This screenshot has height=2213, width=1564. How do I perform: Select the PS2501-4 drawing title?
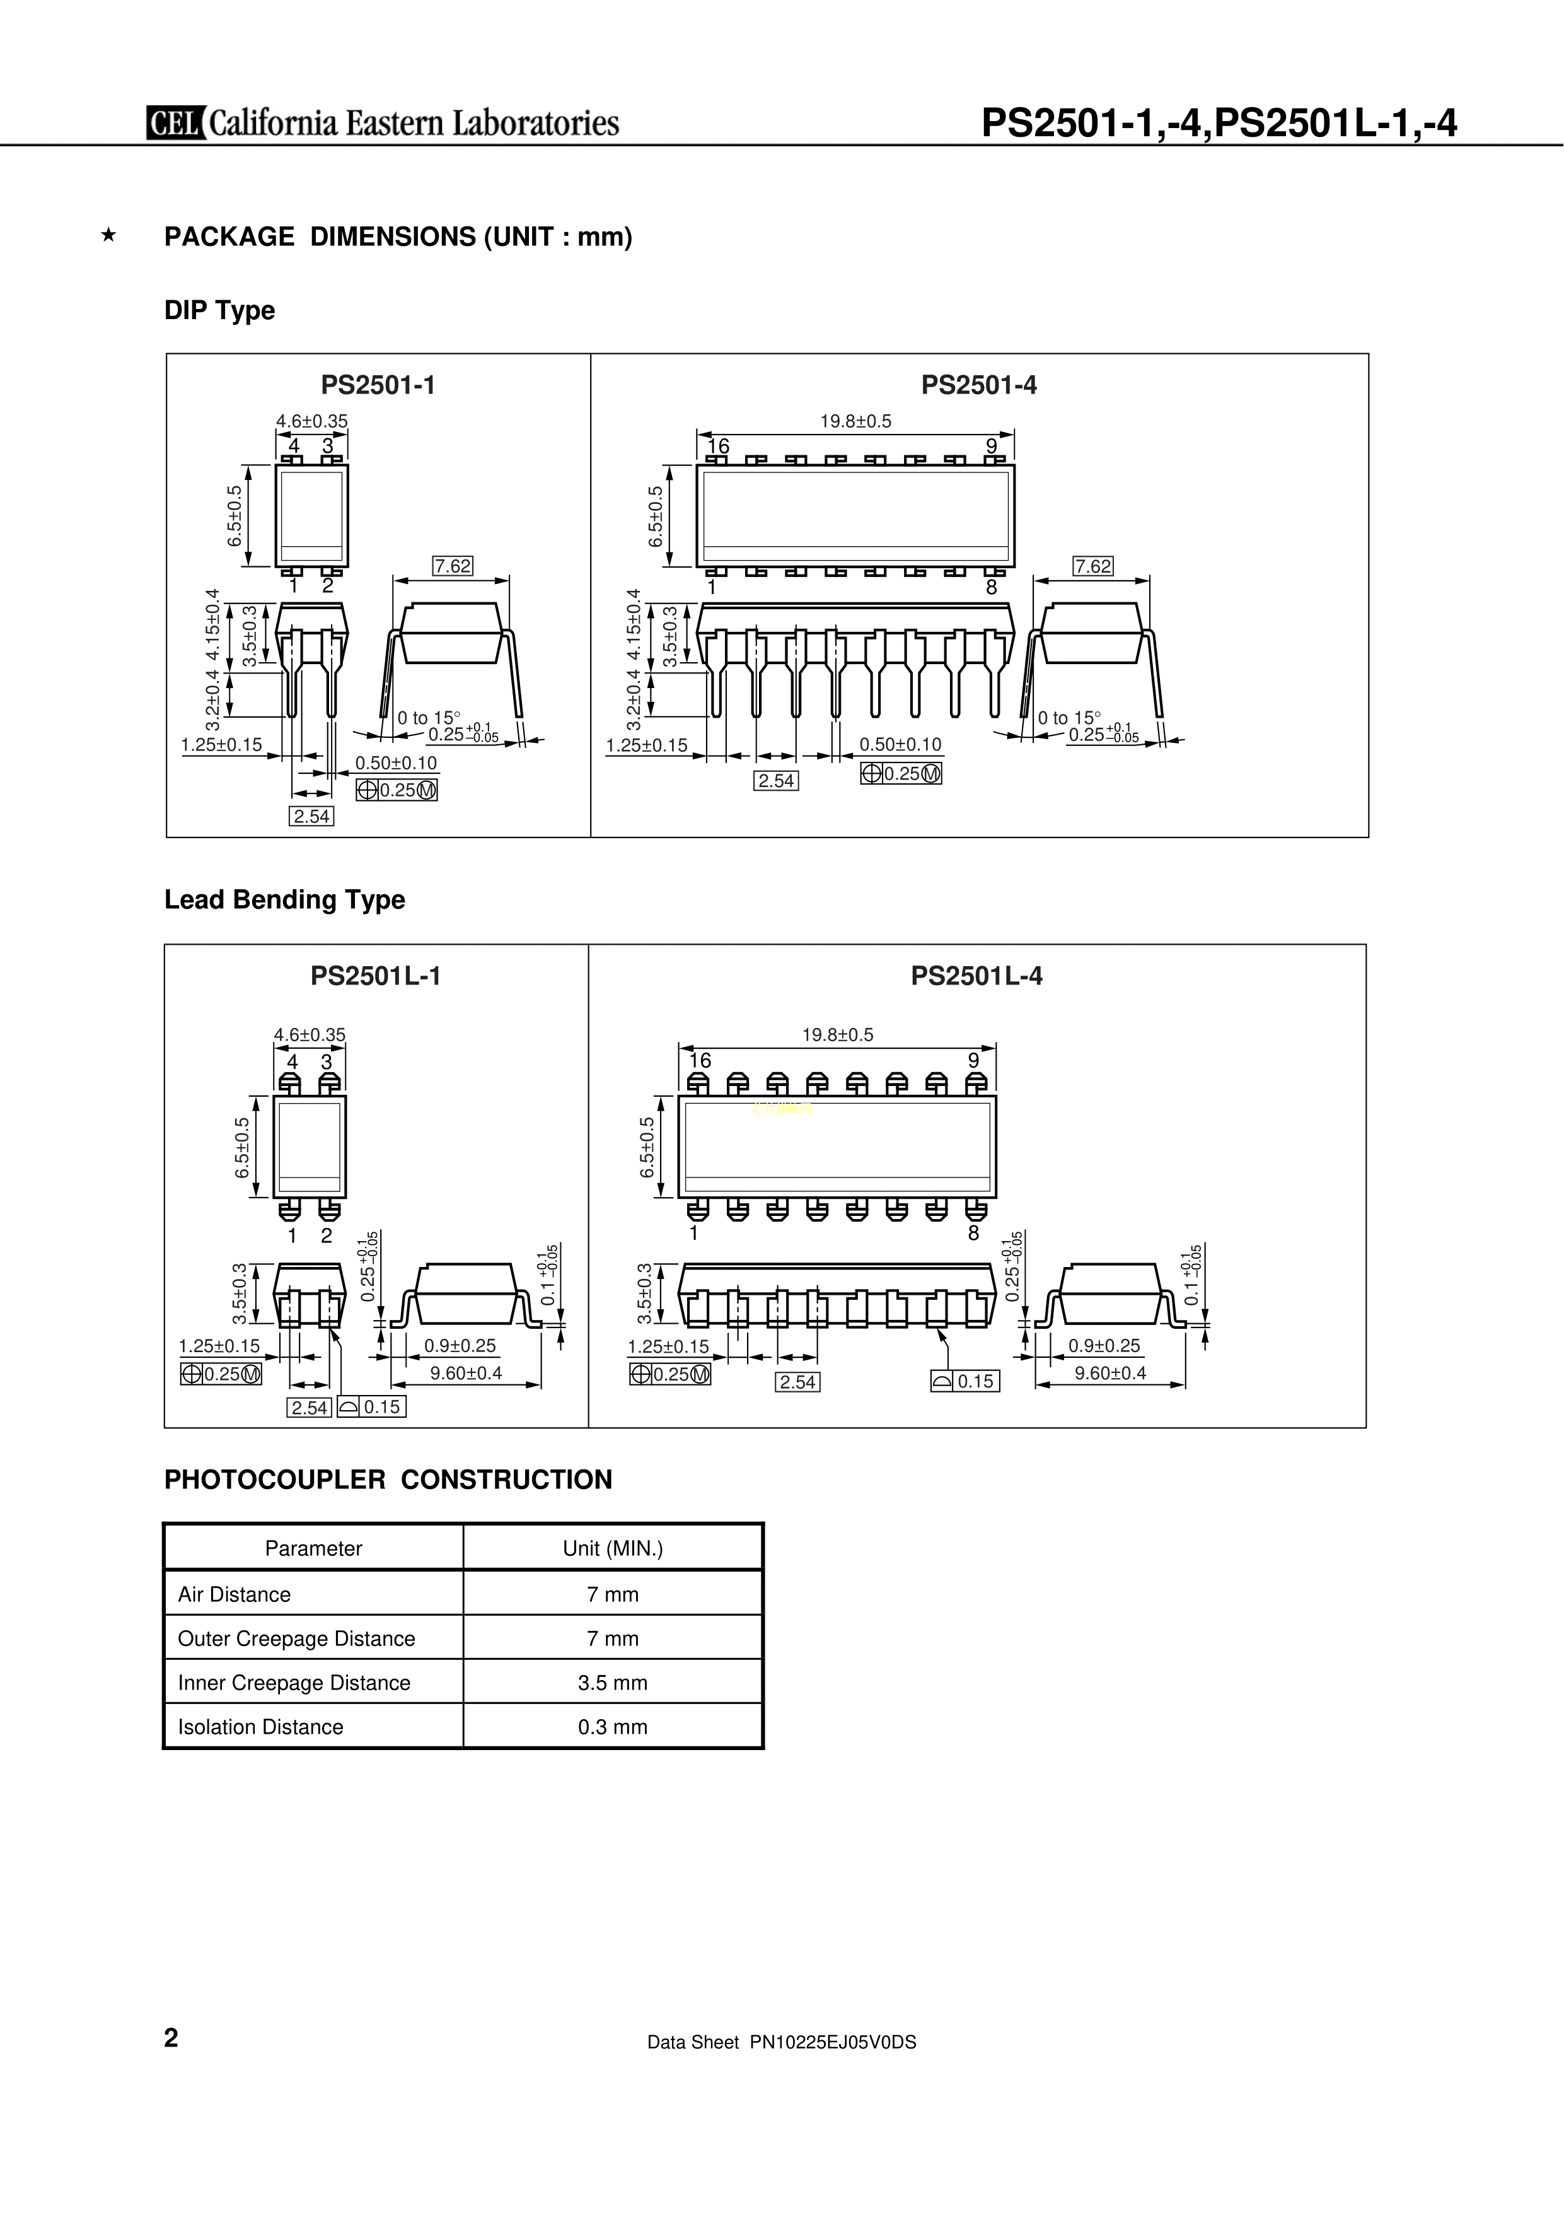[978, 385]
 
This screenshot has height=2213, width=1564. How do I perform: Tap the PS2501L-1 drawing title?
[375, 976]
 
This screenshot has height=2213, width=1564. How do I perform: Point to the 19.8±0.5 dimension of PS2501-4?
[855, 421]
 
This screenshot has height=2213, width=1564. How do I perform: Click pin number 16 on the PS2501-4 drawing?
[718, 447]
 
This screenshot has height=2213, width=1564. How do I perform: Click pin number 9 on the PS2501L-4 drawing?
[973, 1060]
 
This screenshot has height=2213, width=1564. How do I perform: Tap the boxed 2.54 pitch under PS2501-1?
[311, 816]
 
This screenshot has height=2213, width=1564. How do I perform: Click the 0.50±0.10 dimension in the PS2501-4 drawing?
[900, 744]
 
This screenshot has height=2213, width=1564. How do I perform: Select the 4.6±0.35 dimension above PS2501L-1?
[310, 1035]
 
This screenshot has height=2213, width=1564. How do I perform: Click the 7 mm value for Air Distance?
[613, 1594]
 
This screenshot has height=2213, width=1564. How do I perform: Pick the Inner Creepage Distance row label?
[294, 1683]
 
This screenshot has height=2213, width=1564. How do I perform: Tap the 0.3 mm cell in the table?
[613, 1727]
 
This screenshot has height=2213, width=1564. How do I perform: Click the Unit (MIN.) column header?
[613, 1549]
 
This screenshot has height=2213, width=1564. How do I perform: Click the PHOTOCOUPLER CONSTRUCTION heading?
[388, 1480]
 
